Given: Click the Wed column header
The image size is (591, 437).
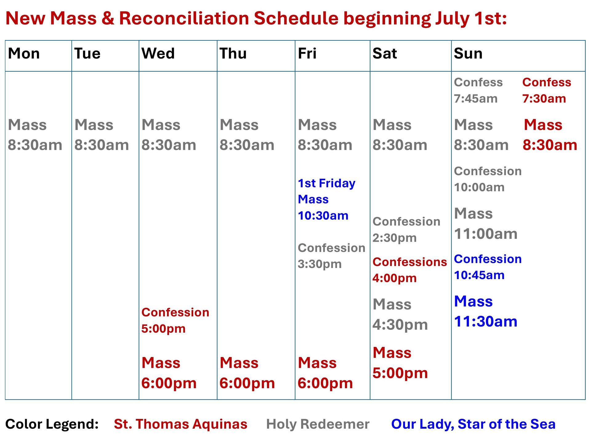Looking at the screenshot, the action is (x=158, y=54).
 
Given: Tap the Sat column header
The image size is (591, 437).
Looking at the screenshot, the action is (x=384, y=54).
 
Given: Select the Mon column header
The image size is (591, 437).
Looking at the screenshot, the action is (x=24, y=54).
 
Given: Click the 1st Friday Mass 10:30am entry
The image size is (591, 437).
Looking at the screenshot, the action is (x=326, y=199).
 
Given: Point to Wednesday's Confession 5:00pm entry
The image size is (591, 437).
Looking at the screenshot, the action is (x=175, y=320).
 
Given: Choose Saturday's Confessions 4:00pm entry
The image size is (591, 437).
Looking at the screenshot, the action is (x=409, y=270).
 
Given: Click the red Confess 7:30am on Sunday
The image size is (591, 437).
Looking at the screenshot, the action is (x=547, y=90).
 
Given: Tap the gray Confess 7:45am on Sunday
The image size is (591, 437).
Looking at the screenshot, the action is (x=478, y=90).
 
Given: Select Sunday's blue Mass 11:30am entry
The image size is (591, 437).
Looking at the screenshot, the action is (x=485, y=311).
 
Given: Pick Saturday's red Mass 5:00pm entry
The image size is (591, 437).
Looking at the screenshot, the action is (x=400, y=363).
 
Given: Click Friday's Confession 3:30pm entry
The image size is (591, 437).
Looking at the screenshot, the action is (x=331, y=256).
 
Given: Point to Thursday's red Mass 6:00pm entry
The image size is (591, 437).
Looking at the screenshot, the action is (x=247, y=373).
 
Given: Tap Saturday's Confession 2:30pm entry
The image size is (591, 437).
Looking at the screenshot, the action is (x=406, y=230).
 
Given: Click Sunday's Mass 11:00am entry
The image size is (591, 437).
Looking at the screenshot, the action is (x=485, y=224).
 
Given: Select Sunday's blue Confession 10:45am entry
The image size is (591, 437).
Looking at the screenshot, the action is (x=488, y=267).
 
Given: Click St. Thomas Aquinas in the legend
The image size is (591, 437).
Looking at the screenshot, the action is (x=180, y=424).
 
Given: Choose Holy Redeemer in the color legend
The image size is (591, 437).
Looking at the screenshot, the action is (x=318, y=424).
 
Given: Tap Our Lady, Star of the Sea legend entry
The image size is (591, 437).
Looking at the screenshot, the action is (x=473, y=424).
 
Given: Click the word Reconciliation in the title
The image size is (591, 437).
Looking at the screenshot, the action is (x=184, y=18).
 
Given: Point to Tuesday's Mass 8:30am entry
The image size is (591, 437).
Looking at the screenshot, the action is (x=102, y=135).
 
